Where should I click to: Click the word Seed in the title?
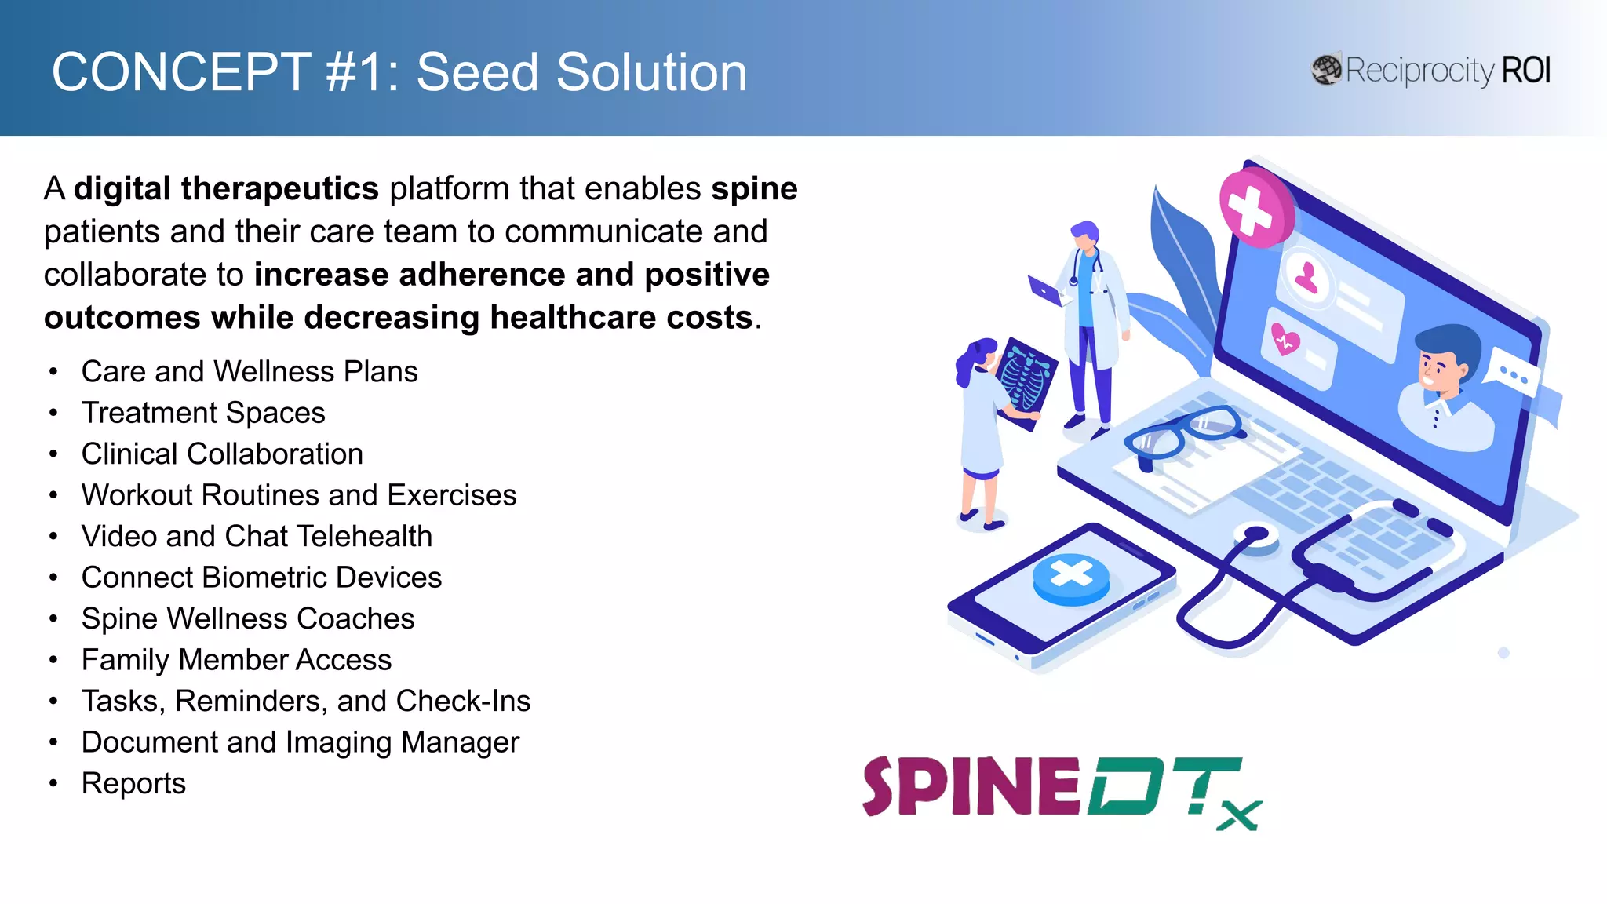click(477, 72)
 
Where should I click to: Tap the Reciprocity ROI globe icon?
click(1326, 70)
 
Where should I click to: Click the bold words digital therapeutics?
click(226, 188)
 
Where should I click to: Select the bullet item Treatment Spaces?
click(203, 413)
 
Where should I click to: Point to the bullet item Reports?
click(133, 783)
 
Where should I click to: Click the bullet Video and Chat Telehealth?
click(257, 536)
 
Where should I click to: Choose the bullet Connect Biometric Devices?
click(261, 578)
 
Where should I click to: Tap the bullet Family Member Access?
click(236, 660)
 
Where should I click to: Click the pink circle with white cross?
click(1253, 209)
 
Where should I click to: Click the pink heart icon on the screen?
click(1285, 340)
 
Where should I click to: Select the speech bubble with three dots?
click(1514, 374)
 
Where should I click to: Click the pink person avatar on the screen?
click(1306, 277)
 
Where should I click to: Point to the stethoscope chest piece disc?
click(1255, 537)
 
